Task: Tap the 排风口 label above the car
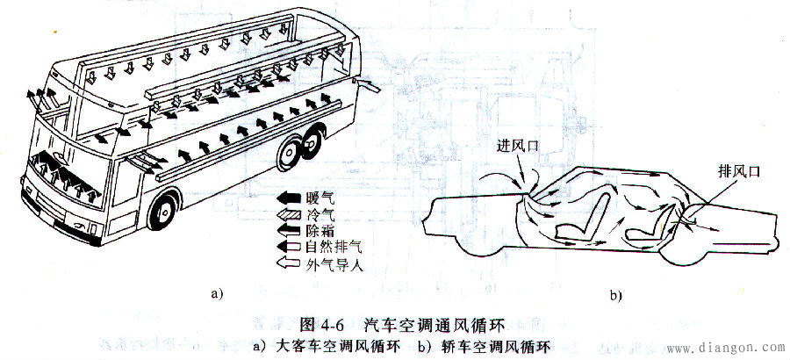[738, 172]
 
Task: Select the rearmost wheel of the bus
[312, 143]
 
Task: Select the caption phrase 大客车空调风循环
[339, 347]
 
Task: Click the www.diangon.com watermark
[726, 348]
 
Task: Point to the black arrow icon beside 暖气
[292, 198]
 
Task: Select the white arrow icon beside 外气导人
[292, 263]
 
